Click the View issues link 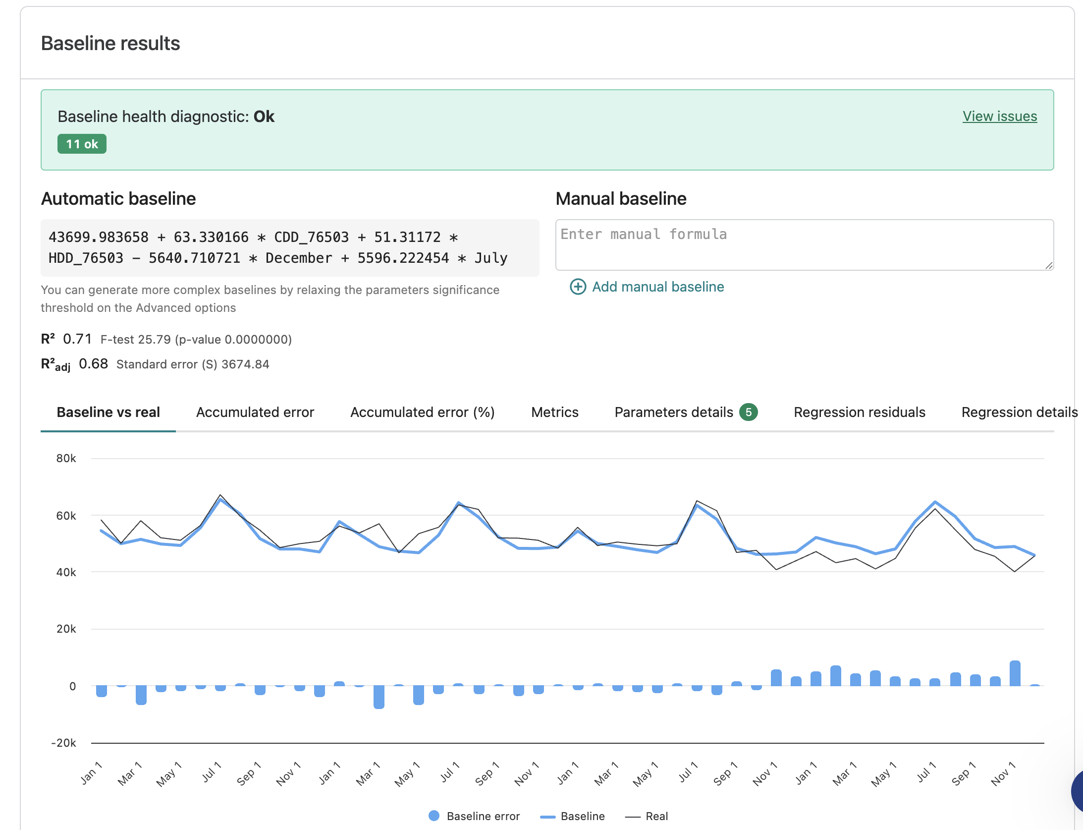(x=1000, y=116)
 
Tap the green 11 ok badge (x=82, y=144)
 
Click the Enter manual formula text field (x=805, y=245)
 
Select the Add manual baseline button (x=647, y=287)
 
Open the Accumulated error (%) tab (x=423, y=413)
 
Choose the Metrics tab (x=555, y=413)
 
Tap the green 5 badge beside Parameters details (x=749, y=412)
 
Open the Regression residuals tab (x=860, y=413)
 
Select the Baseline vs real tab (x=108, y=413)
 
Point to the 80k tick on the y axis (x=66, y=458)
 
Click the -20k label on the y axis (x=63, y=743)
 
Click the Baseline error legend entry (x=474, y=816)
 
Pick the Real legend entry (x=647, y=816)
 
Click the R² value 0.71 (x=77, y=339)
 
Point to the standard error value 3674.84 (x=245, y=364)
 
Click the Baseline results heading (x=110, y=43)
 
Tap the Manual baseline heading (x=621, y=199)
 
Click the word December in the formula (x=299, y=258)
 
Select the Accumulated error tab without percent (x=255, y=413)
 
